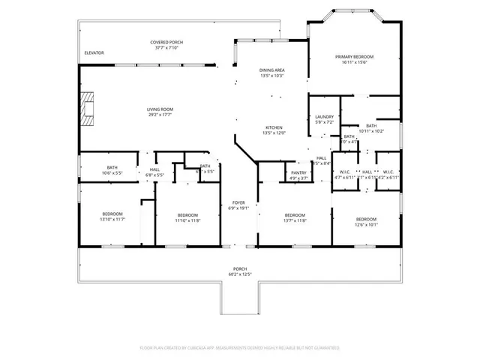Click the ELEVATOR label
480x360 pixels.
tap(94, 52)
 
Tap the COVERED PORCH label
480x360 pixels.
tap(166, 42)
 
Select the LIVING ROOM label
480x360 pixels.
tap(160, 109)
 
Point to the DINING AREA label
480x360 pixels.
tap(271, 70)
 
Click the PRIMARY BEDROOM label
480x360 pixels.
tap(355, 57)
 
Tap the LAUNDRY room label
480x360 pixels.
tap(324, 117)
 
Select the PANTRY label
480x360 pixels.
tap(299, 172)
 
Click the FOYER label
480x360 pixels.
tap(238, 202)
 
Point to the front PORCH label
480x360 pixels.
tap(239, 268)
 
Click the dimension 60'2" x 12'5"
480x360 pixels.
tap(239, 274)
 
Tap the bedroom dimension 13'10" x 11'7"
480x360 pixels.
tap(113, 220)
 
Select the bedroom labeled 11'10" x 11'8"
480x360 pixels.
tap(187, 217)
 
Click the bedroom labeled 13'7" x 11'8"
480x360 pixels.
tap(295, 217)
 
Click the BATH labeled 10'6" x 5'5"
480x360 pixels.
tap(112, 169)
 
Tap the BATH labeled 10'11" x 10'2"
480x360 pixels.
tap(371, 128)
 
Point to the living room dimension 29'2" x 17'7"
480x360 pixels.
tap(160, 115)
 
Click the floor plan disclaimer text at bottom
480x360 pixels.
tap(239, 348)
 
